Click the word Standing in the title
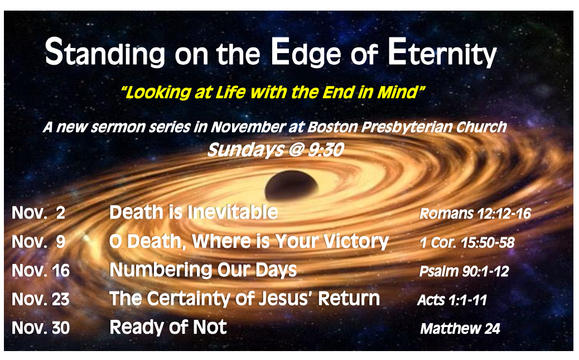(x=105, y=52)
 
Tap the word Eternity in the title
(x=442, y=52)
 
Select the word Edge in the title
(x=305, y=52)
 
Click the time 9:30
(x=326, y=150)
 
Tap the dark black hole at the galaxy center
(x=291, y=185)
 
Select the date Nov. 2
(x=38, y=213)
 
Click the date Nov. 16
(x=41, y=271)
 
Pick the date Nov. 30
(x=41, y=328)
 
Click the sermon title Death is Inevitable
(x=194, y=212)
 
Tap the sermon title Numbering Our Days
(x=203, y=270)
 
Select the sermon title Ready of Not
(x=168, y=327)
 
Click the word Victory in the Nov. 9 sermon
(x=356, y=242)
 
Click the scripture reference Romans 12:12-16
(x=475, y=213)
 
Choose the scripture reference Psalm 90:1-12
(x=464, y=271)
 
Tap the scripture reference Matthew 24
(x=460, y=329)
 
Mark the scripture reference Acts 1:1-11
(x=452, y=300)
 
